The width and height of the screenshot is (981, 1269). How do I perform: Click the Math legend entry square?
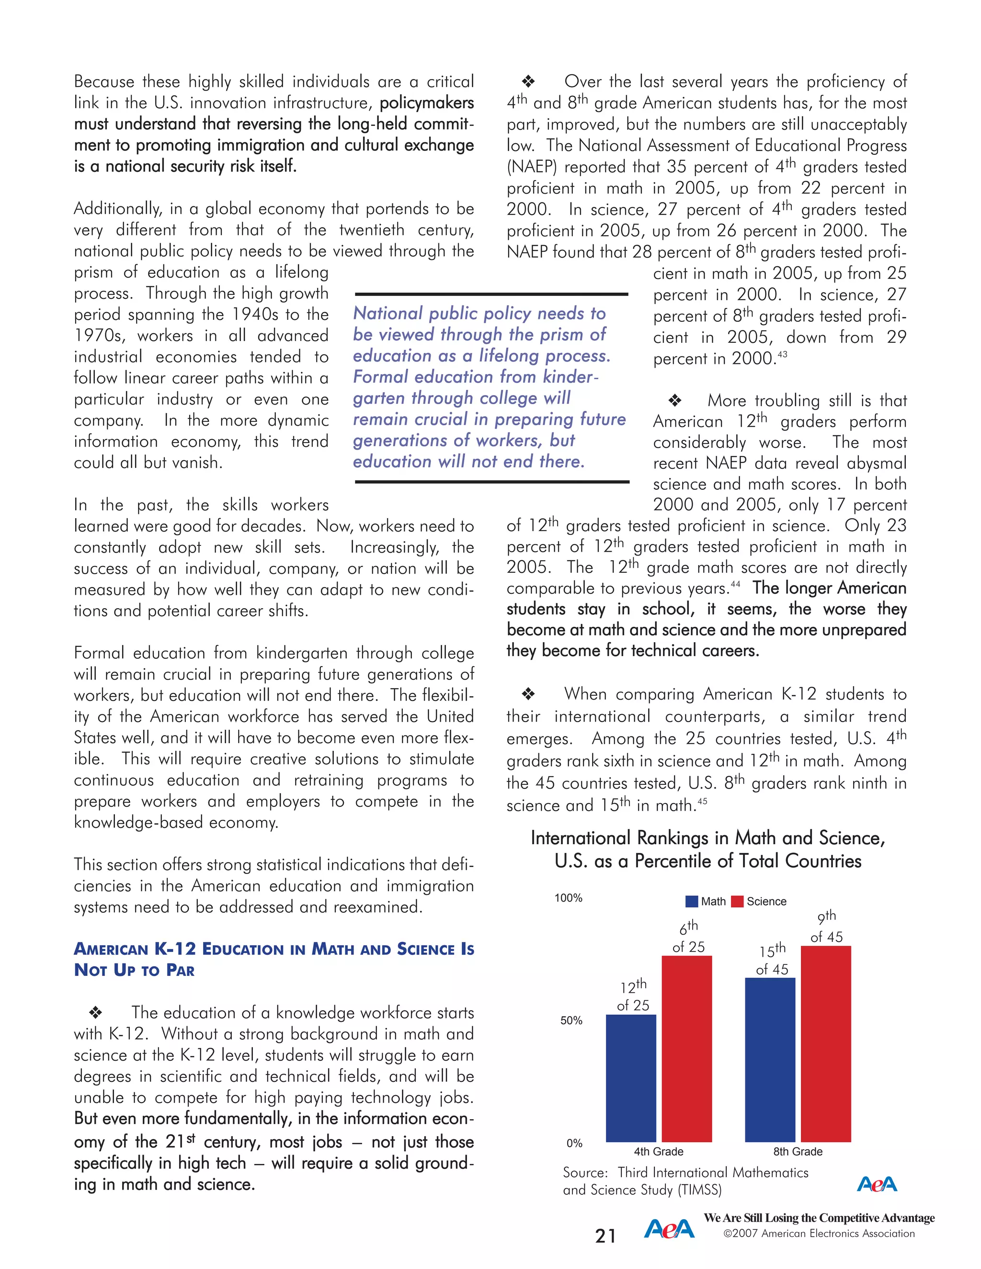pos(692,901)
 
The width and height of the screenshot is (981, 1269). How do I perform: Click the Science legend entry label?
pos(766,901)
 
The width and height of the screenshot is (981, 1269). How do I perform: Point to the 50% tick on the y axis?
pos(571,1020)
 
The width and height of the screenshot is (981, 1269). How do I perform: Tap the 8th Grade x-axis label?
pos(798,1151)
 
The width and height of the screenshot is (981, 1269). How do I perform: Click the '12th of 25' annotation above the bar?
pos(633,996)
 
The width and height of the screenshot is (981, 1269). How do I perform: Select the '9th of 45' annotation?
pos(826,927)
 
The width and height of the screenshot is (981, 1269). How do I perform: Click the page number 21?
pos(605,1235)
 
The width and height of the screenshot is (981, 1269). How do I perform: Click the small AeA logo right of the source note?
pos(877,1184)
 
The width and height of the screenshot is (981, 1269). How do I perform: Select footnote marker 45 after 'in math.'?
pos(702,801)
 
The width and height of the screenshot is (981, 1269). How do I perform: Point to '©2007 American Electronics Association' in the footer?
pos(819,1233)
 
